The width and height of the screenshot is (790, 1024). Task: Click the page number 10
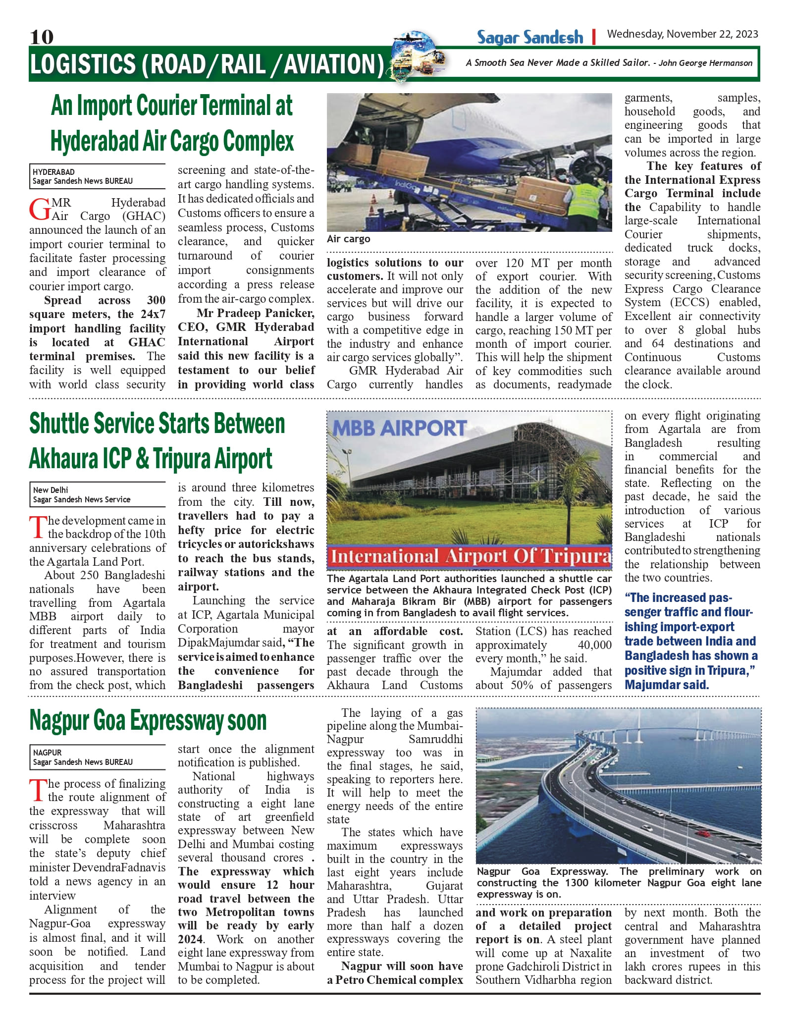[x=42, y=37]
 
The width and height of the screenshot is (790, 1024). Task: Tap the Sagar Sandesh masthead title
[x=529, y=37]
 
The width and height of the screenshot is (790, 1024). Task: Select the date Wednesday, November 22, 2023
[x=682, y=34]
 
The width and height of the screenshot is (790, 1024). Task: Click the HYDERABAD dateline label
[x=53, y=172]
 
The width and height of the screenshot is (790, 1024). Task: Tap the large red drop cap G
[x=39, y=210]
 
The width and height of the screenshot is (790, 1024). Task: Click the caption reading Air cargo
[x=348, y=239]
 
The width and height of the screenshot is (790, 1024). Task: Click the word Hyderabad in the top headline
[x=95, y=142]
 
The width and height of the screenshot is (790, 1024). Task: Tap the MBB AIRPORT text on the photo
[x=399, y=428]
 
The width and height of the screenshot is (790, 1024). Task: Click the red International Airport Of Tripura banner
[x=469, y=556]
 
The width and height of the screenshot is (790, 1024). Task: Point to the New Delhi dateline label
[x=51, y=489]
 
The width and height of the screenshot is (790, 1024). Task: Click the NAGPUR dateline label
[x=48, y=752]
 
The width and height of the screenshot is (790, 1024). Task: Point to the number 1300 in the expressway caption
[x=577, y=882]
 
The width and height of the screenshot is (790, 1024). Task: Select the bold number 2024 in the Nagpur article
[x=190, y=939]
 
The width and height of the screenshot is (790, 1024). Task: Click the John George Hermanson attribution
[x=705, y=63]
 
